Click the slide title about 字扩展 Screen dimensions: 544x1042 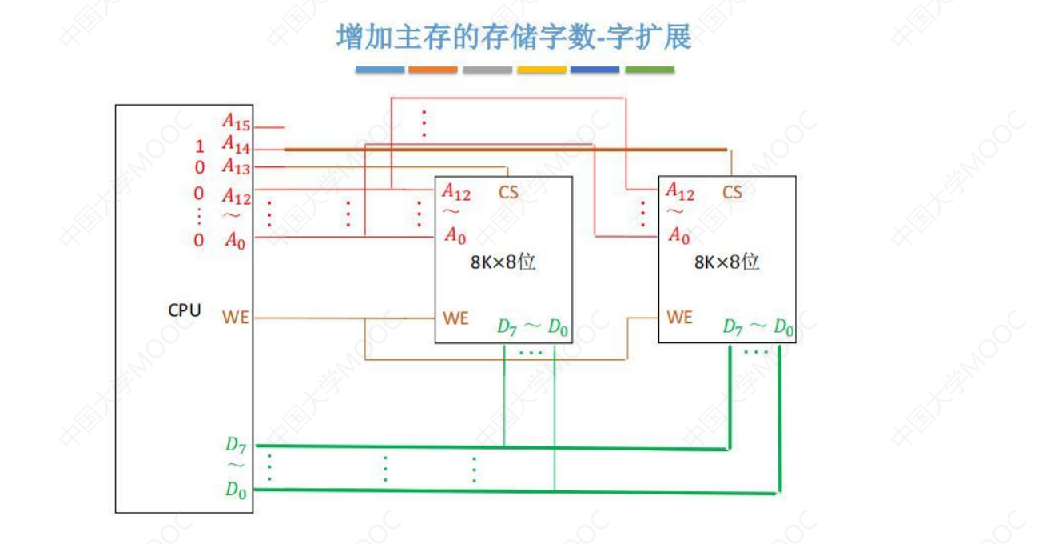tap(514, 37)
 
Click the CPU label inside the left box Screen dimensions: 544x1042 tap(184, 310)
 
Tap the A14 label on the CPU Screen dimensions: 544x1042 tap(236, 145)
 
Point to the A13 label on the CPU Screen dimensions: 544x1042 tap(236, 166)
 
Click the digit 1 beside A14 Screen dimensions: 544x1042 tap(199, 147)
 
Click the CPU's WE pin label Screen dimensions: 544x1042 tap(236, 318)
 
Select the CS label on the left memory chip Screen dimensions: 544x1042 tap(508, 193)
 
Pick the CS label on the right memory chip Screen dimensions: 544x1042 tap(732, 193)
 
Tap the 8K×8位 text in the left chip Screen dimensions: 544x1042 tap(503, 262)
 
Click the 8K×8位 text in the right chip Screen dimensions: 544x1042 tap(726, 262)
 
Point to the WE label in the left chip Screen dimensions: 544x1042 tap(455, 318)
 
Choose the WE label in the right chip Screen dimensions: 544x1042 tap(679, 318)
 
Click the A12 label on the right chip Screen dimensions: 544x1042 tap(680, 192)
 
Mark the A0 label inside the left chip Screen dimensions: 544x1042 tap(455, 236)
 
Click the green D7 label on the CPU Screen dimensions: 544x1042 tap(236, 444)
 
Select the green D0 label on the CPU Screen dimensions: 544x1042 tap(236, 490)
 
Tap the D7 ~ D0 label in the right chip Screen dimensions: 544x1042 tap(758, 326)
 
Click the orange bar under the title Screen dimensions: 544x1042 tap(432, 70)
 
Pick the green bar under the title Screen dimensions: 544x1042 tap(649, 70)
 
